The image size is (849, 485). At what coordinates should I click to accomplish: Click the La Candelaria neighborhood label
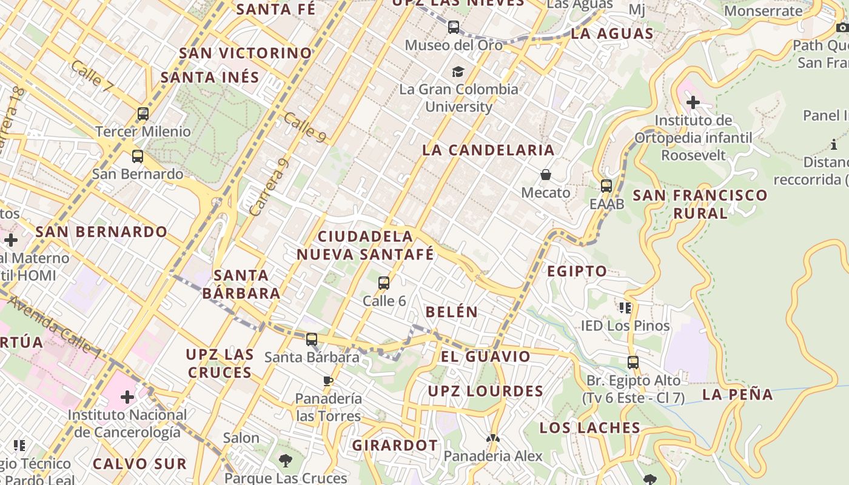[488, 150]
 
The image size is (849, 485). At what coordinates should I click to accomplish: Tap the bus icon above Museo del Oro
[454, 27]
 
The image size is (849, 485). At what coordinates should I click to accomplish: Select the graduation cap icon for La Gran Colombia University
[458, 72]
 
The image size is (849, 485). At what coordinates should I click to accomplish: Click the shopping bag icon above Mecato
[546, 175]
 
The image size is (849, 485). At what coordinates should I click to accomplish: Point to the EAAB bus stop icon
[606, 186]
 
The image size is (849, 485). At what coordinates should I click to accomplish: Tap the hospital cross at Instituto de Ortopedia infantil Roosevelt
[693, 102]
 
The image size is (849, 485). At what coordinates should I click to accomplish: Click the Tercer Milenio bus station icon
[143, 113]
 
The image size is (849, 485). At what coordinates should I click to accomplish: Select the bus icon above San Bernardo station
[138, 156]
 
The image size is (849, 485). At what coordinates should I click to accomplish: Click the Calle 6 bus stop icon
[384, 283]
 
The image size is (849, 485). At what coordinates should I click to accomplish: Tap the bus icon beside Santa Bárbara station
[312, 339]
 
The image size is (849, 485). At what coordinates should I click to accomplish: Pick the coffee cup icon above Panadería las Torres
[328, 381]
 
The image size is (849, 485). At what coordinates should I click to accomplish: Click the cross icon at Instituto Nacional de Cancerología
[127, 397]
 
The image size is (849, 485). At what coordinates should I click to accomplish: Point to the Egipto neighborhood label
[577, 271]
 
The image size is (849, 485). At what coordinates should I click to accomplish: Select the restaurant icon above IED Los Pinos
[625, 308]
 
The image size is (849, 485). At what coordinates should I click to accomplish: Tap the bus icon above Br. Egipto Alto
[633, 363]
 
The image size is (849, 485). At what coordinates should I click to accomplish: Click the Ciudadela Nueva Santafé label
[365, 246]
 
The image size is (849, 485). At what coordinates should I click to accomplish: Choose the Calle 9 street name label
[304, 127]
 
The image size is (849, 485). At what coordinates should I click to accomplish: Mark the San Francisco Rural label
[700, 204]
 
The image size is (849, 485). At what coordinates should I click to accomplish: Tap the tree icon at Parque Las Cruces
[285, 461]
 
